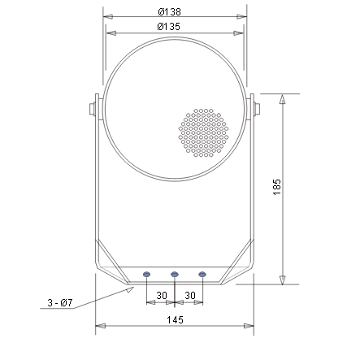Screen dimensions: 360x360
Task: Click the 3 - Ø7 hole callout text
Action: click(x=60, y=303)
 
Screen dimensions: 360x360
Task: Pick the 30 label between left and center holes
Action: click(x=161, y=294)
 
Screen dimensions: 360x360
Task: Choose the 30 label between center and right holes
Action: click(x=189, y=294)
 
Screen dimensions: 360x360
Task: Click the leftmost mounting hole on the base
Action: click(x=147, y=275)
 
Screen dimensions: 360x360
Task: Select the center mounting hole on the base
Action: click(x=175, y=275)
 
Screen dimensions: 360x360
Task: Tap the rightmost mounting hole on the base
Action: click(x=202, y=275)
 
